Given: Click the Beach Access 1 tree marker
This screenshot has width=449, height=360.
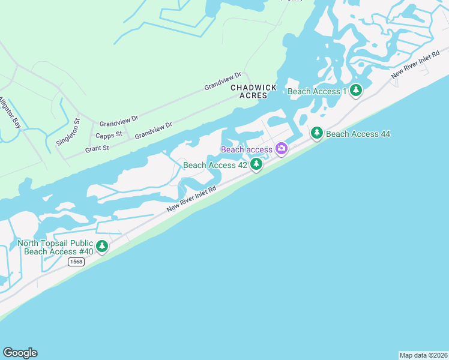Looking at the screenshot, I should pyautogui.click(x=357, y=91).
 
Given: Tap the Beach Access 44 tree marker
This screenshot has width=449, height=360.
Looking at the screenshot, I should pyautogui.click(x=317, y=133).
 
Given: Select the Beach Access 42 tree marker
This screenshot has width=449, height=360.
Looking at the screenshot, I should pyautogui.click(x=256, y=163).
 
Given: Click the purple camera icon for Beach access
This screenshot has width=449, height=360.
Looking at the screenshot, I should pyautogui.click(x=281, y=148).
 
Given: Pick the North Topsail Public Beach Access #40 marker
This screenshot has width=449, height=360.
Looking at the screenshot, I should pyautogui.click(x=102, y=245).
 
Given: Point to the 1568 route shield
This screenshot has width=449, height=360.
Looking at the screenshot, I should pyautogui.click(x=75, y=262).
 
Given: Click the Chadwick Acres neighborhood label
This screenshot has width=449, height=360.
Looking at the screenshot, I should pyautogui.click(x=254, y=91).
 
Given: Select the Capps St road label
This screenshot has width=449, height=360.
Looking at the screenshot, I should pyautogui.click(x=109, y=134).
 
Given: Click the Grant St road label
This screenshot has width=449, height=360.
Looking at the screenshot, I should pyautogui.click(x=97, y=148).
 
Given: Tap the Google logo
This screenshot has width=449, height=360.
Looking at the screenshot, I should pyautogui.click(x=20, y=352).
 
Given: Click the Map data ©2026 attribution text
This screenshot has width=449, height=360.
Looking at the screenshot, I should pyautogui.click(x=423, y=355).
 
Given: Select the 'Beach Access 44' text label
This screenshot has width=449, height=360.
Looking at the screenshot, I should pyautogui.click(x=358, y=134).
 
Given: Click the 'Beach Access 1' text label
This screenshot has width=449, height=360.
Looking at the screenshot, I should pyautogui.click(x=318, y=91).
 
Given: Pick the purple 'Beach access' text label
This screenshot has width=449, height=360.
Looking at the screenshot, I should pyautogui.click(x=247, y=149).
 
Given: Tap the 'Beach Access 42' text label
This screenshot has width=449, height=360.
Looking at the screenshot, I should pyautogui.click(x=215, y=165).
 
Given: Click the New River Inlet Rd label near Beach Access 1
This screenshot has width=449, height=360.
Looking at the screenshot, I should pyautogui.click(x=413, y=67).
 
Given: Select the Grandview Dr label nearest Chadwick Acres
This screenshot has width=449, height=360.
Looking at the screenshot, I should pyautogui.click(x=222, y=81).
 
